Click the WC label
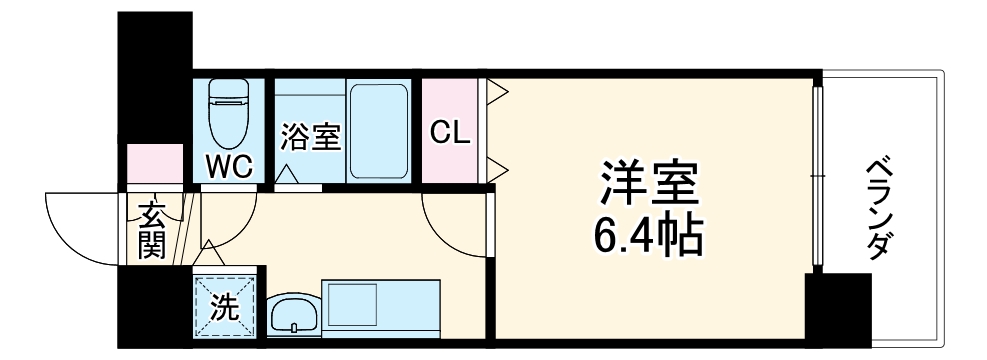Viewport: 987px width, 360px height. [229, 165]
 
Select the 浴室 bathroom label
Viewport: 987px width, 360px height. [310, 135]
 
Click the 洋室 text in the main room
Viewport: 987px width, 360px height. [648, 183]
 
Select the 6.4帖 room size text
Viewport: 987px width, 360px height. [648, 236]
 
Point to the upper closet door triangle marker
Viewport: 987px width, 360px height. [498, 96]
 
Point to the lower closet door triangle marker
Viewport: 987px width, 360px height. [498, 163]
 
